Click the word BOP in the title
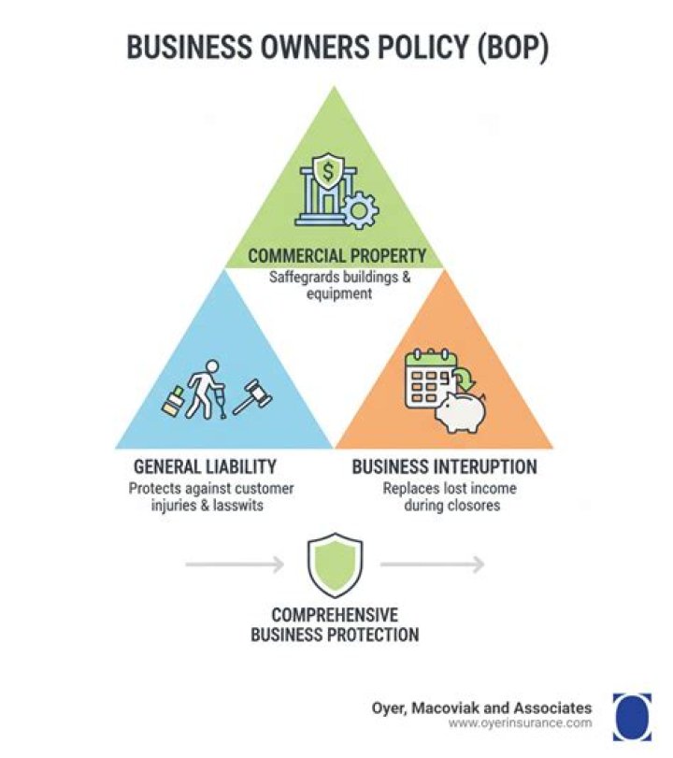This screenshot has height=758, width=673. tap(513, 48)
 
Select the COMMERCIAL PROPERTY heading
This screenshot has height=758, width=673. tap(337, 255)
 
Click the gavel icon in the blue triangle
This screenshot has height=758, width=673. tap(252, 396)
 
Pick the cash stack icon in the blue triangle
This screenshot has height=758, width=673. tap(173, 401)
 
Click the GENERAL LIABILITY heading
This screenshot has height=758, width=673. tap(205, 466)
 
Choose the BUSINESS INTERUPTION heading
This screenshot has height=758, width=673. tap(444, 466)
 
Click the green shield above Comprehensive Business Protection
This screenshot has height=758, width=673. tap(335, 565)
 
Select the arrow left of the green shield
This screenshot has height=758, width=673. tap(235, 565)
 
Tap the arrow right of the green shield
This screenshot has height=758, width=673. tap(433, 565)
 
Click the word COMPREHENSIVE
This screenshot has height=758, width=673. tap(335, 615)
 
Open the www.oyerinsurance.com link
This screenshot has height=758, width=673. tap(520, 723)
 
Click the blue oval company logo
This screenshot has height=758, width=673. tap(633, 717)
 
